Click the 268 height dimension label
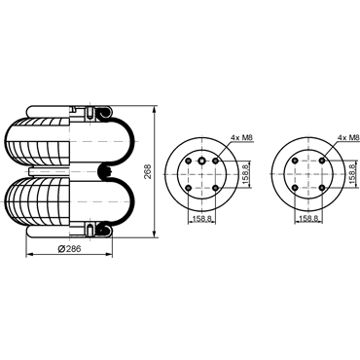148,172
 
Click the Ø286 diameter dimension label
69,249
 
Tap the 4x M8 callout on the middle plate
241,138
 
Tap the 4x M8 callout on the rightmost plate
348,138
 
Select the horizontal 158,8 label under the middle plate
202,219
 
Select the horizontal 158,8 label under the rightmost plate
308,219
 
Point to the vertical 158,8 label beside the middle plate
245,174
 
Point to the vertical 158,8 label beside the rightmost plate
352,174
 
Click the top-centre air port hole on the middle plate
202,161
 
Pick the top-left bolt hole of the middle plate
188,161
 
